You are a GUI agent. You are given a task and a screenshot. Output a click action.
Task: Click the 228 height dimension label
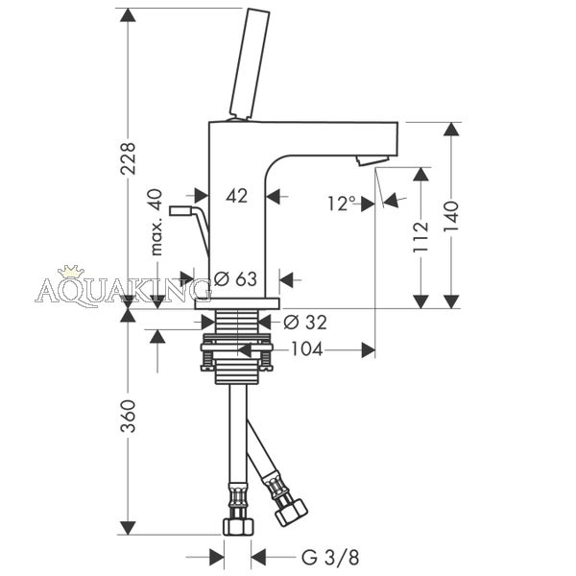point(128,158)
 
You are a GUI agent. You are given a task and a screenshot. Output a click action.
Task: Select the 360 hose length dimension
point(128,417)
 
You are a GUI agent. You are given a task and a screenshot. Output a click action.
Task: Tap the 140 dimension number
point(451,216)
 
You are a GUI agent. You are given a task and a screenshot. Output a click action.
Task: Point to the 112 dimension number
point(420,237)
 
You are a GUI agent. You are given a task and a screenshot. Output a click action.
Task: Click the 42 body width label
point(236,196)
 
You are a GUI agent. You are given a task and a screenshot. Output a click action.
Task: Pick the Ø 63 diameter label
point(235,278)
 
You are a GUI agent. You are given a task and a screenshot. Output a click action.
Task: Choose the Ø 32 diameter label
point(305,323)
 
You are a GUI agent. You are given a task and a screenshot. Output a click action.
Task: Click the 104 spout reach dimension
point(307,349)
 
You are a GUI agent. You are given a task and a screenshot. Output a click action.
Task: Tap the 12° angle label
point(342,204)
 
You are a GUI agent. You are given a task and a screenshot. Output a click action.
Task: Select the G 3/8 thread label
point(330,557)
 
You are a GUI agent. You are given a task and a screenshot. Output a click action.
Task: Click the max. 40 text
point(156,223)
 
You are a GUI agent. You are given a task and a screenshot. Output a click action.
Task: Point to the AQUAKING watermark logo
point(123,290)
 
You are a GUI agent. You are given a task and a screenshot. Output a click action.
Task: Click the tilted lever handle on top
point(250,63)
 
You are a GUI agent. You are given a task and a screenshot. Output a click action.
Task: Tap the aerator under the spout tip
point(372,160)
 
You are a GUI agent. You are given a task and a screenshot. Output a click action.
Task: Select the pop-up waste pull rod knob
point(180,211)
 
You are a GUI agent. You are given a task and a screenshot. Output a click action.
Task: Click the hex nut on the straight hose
point(238,526)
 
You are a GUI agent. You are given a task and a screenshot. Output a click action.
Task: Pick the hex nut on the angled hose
point(292,512)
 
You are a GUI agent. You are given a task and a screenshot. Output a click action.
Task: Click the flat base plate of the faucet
point(237,303)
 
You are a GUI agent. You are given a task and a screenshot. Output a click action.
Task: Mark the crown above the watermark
point(71,271)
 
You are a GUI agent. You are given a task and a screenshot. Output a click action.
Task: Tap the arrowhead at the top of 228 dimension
point(128,14)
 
